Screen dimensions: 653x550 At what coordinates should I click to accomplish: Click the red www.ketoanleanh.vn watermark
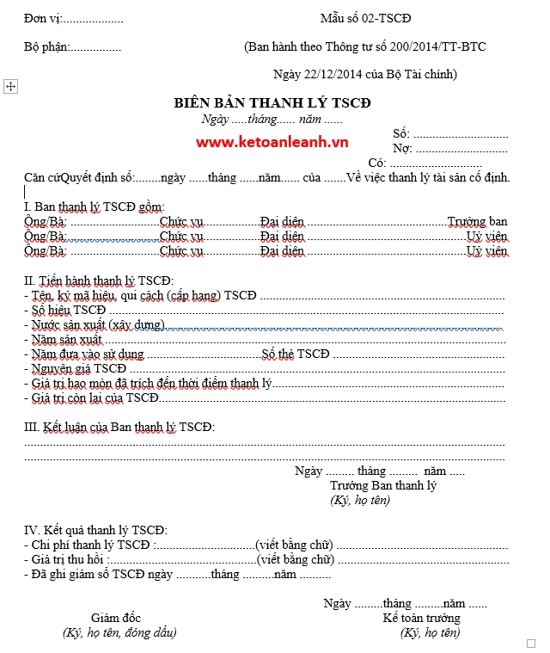(x=272, y=142)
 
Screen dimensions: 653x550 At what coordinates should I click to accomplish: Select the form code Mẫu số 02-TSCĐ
(x=365, y=18)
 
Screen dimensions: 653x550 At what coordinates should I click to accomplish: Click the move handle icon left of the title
(x=11, y=87)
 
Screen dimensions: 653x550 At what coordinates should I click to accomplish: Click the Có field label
(x=376, y=163)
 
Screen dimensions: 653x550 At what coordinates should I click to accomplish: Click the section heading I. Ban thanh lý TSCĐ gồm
(x=93, y=207)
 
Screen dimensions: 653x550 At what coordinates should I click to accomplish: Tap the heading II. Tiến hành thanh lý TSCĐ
(x=98, y=280)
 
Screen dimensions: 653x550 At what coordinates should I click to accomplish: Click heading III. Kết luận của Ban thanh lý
(x=119, y=427)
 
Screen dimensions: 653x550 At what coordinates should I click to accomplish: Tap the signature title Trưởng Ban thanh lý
(x=382, y=486)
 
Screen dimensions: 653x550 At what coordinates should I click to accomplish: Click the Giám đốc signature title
(x=116, y=618)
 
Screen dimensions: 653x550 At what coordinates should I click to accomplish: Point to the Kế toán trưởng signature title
(x=421, y=618)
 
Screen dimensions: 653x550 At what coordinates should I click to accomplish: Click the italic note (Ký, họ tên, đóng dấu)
(x=119, y=632)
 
